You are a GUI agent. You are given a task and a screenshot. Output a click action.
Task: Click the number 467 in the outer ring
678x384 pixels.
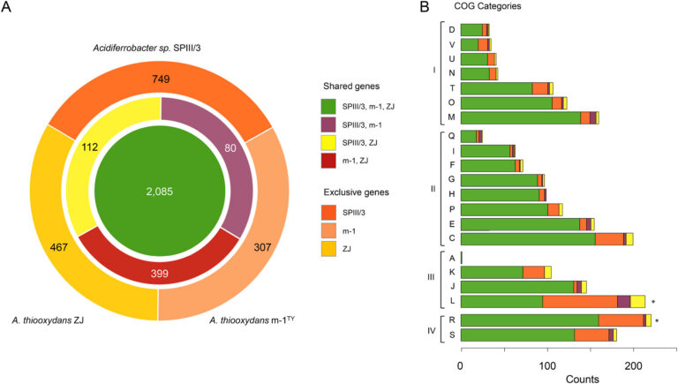tap(34, 224)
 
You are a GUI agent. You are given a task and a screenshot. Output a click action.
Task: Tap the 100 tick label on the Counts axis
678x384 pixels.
tap(546, 365)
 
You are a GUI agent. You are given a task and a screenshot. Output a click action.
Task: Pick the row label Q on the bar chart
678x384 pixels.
tap(451, 136)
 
